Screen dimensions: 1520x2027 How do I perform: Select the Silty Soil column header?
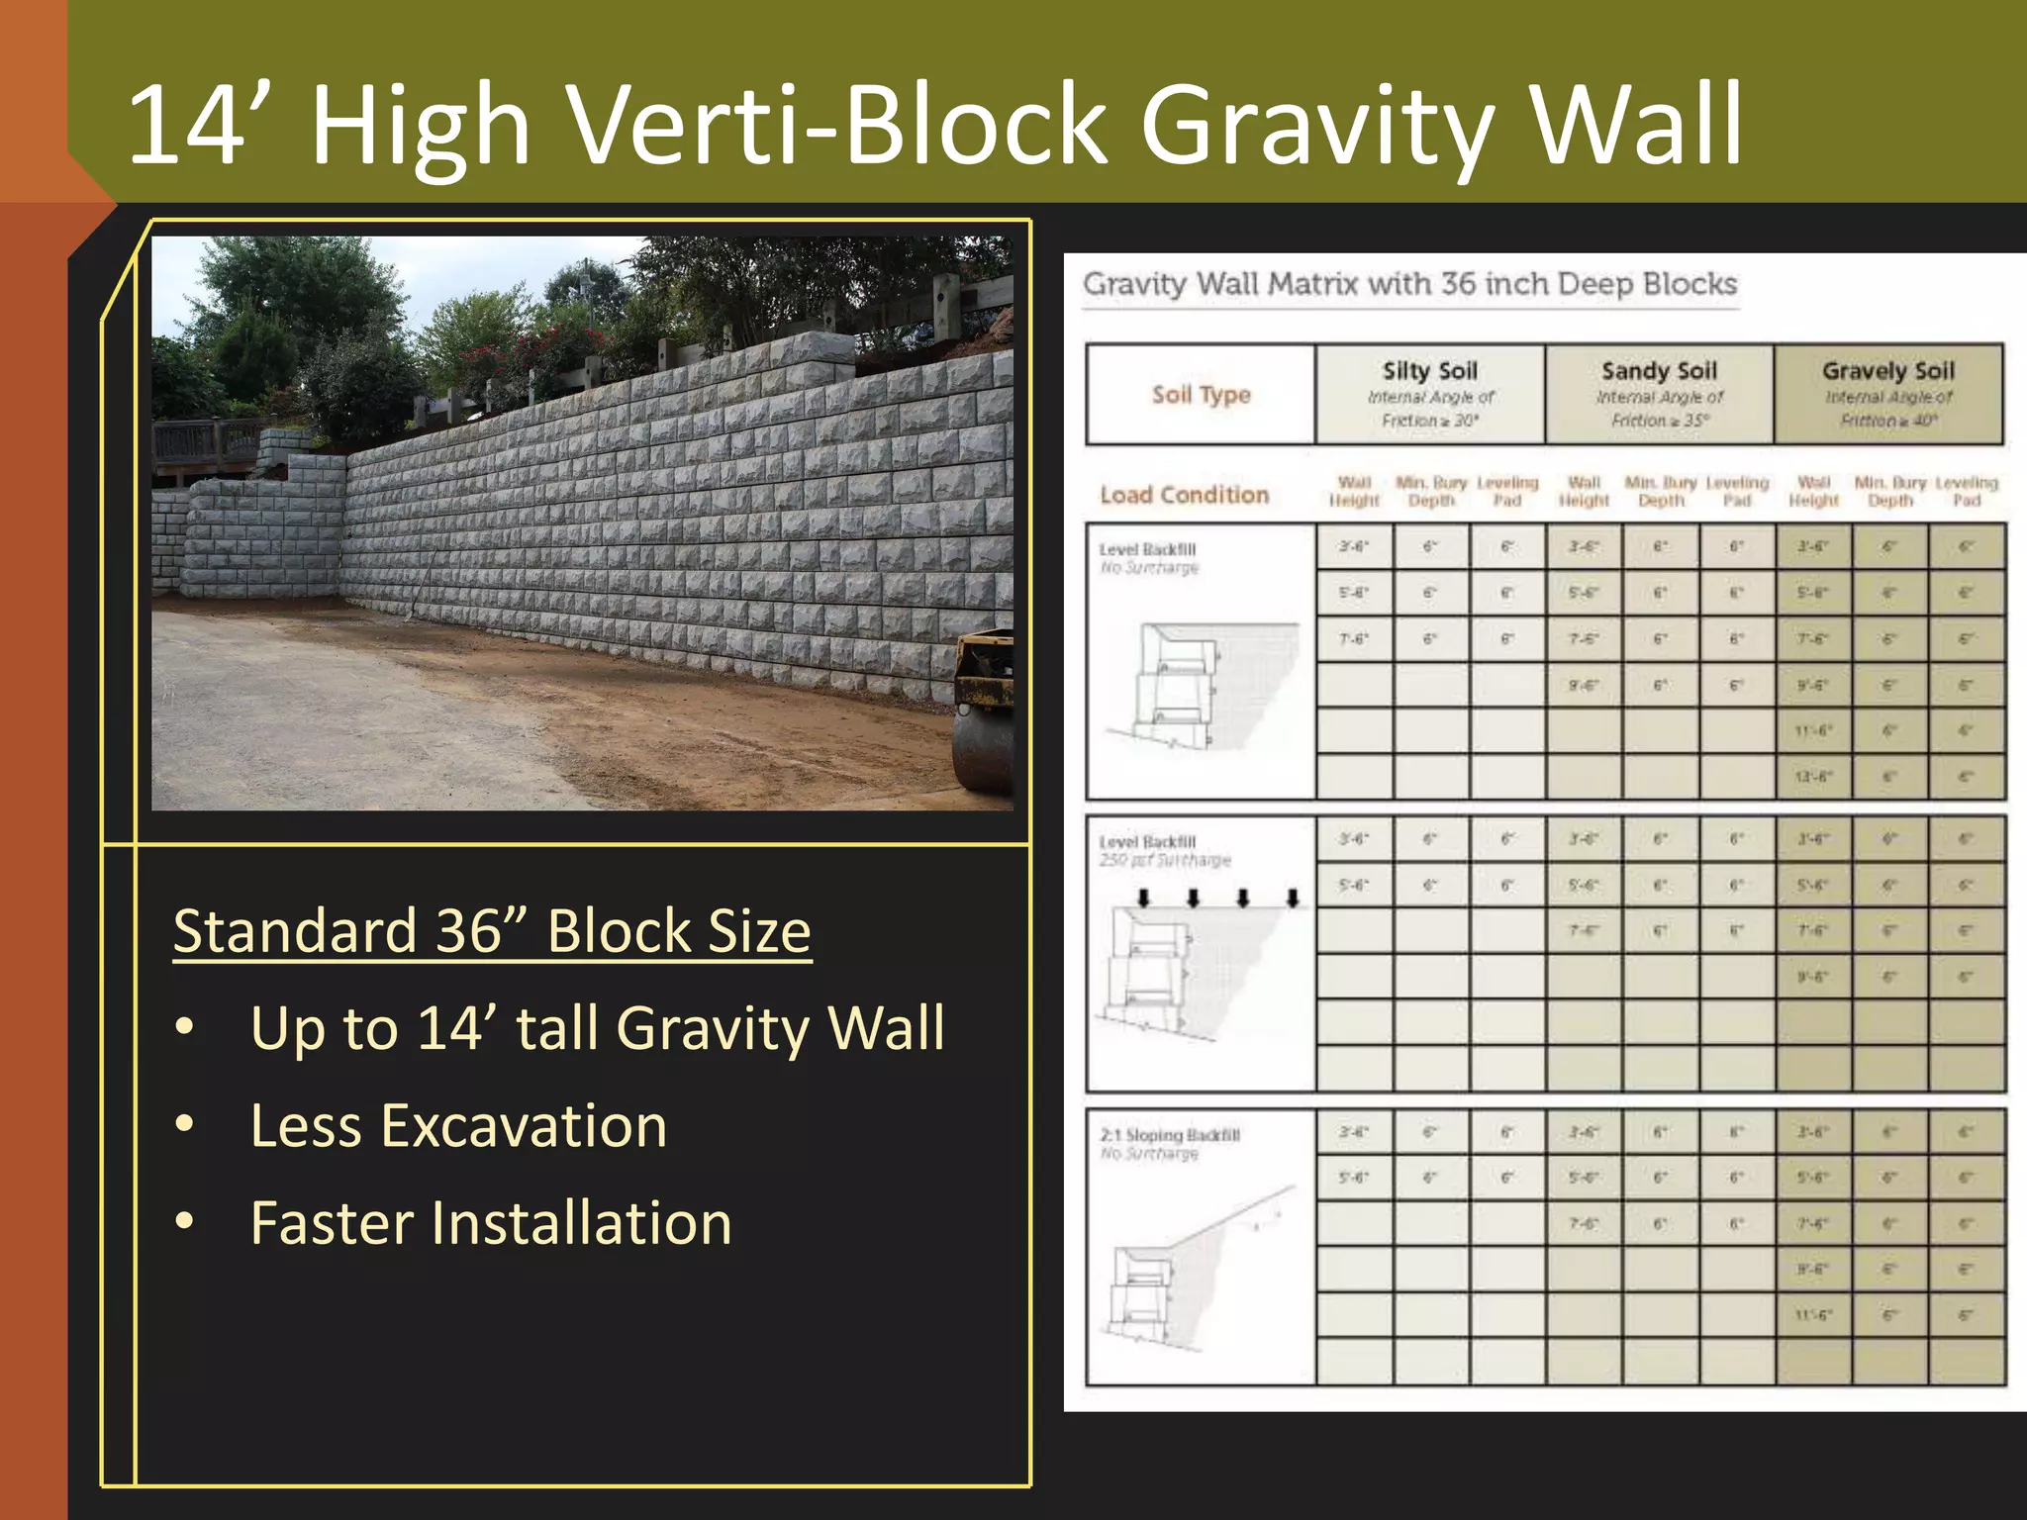click(1429, 394)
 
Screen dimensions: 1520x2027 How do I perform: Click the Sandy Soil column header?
click(1659, 394)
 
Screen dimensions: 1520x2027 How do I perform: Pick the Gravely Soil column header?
click(1888, 394)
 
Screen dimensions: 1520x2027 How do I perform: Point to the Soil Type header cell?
click(1201, 395)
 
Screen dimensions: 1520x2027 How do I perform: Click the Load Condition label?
click(1184, 495)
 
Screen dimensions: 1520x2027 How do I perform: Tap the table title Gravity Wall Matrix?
click(1409, 284)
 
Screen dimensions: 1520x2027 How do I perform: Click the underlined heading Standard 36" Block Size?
click(492, 931)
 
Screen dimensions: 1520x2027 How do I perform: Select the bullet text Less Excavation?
click(458, 1126)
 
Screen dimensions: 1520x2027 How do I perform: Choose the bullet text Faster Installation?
click(491, 1223)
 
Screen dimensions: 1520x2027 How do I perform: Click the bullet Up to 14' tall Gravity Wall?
click(597, 1028)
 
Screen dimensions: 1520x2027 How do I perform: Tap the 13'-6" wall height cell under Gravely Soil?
click(1813, 777)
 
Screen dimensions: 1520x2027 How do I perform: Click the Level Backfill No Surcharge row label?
click(1148, 558)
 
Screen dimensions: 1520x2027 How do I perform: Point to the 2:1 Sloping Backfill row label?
click(1170, 1144)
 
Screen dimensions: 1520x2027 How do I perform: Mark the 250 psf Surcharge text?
click(1165, 861)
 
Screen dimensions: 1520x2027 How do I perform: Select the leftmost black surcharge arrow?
click(1144, 898)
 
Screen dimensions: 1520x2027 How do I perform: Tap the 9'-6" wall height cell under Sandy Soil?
click(1584, 685)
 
